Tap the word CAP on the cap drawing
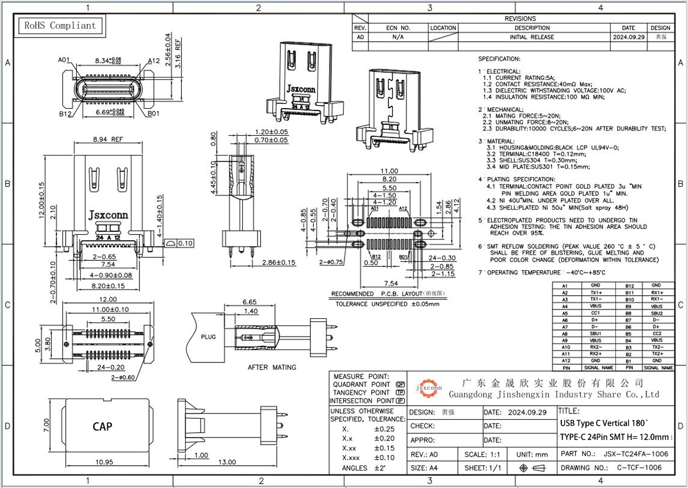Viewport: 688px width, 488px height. [x=102, y=426]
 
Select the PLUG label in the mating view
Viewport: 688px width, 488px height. [x=208, y=338]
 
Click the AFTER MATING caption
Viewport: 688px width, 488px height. [x=272, y=367]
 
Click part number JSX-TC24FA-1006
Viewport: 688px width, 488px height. [x=635, y=454]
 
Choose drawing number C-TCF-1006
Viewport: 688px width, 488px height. [x=639, y=467]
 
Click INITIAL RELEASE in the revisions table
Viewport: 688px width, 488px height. [x=531, y=37]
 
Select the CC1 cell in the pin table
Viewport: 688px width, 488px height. [x=595, y=313]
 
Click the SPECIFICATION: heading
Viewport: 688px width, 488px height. [x=499, y=59]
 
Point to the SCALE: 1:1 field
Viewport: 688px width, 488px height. [x=483, y=454]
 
